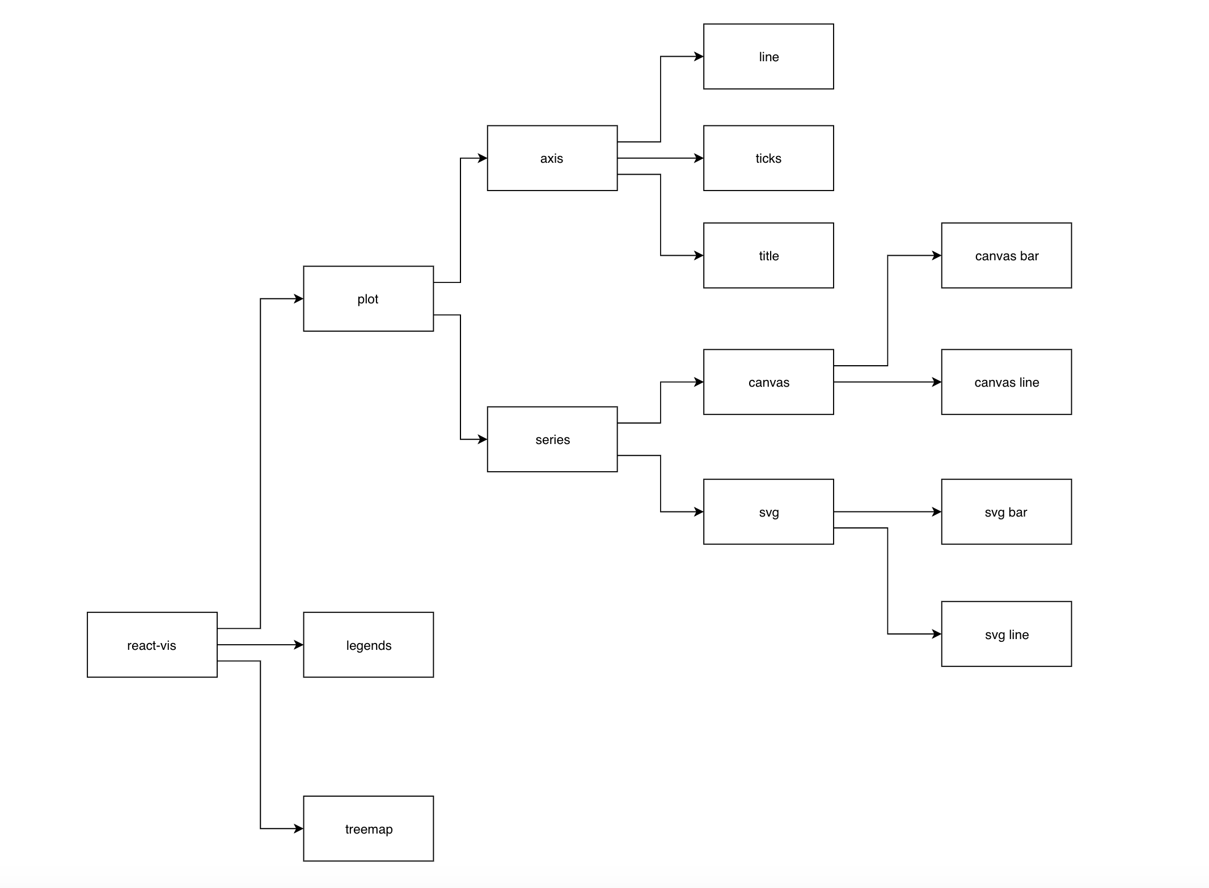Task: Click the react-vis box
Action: click(152, 645)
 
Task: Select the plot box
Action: click(368, 299)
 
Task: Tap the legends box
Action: click(368, 645)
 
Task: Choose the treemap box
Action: click(368, 828)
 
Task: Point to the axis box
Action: click(552, 158)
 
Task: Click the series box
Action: click(552, 439)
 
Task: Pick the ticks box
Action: click(768, 158)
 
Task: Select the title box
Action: click(768, 256)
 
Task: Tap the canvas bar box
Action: click(1007, 256)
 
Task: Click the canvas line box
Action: click(1007, 382)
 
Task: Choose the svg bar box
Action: click(1007, 512)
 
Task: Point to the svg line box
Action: click(1007, 634)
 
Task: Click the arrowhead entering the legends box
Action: click(298, 645)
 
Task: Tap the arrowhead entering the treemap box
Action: click(298, 828)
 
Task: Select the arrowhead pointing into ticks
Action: click(699, 158)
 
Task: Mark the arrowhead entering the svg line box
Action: click(936, 634)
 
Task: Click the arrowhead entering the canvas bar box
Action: click(936, 256)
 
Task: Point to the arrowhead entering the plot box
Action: click(298, 299)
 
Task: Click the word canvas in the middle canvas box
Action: click(768, 383)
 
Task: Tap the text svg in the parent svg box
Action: click(768, 513)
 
